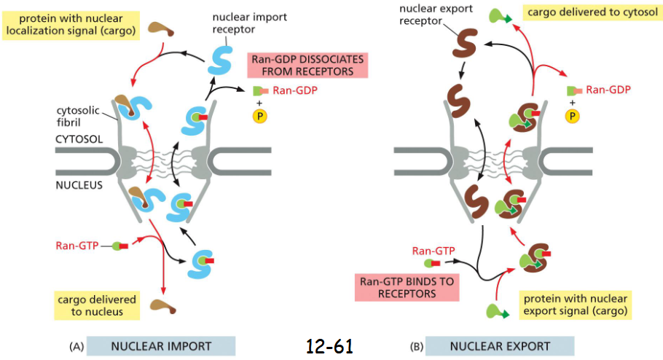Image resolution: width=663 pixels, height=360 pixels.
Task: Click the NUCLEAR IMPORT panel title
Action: coord(160,346)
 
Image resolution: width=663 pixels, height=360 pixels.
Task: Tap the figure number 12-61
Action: coord(329,346)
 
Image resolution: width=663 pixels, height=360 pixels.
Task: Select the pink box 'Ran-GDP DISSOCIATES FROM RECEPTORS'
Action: coord(308,64)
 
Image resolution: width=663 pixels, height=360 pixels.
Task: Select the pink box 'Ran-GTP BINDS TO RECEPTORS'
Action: coord(407,286)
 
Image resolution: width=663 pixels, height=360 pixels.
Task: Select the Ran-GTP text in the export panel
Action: coord(433,251)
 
